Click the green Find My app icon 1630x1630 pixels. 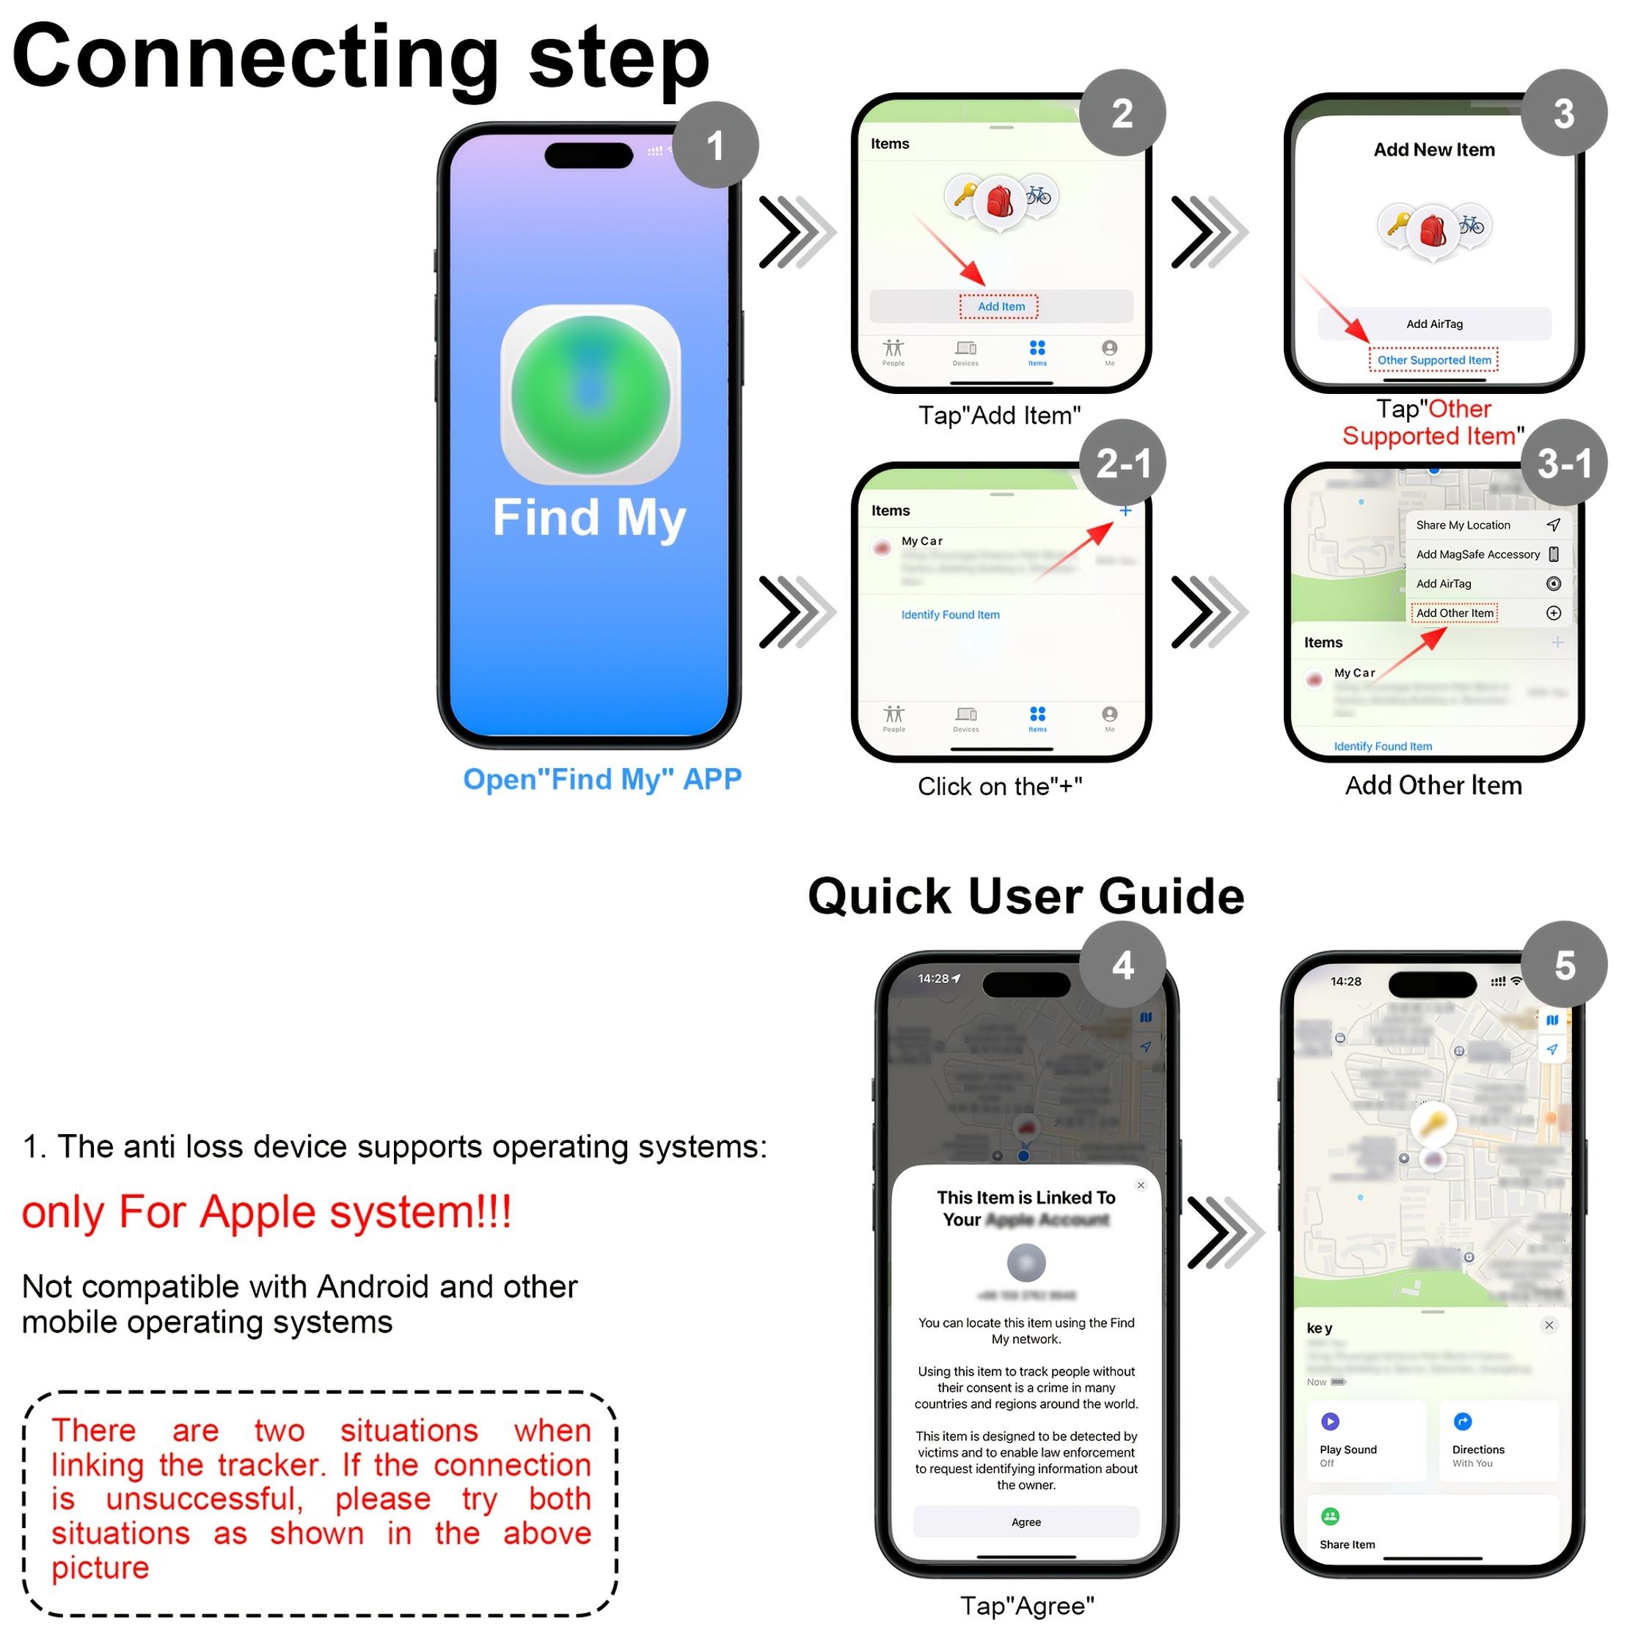point(591,394)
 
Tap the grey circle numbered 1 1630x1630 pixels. point(715,145)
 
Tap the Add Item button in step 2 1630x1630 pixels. point(1001,306)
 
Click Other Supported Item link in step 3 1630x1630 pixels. point(1433,360)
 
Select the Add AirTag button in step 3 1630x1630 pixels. point(1433,324)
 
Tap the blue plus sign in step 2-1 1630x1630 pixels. point(1125,511)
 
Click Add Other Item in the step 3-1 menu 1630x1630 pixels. point(1454,613)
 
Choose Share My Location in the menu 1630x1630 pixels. point(1463,525)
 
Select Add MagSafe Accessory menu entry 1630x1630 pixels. point(1477,555)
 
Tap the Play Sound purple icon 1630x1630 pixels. point(1330,1422)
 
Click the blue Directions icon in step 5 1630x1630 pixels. point(1462,1422)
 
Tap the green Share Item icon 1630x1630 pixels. point(1330,1516)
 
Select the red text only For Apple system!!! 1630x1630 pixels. point(266,1213)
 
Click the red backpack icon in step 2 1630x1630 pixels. point(999,202)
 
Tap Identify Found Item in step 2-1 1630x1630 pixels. point(950,615)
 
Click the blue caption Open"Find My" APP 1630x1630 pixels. point(602,779)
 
